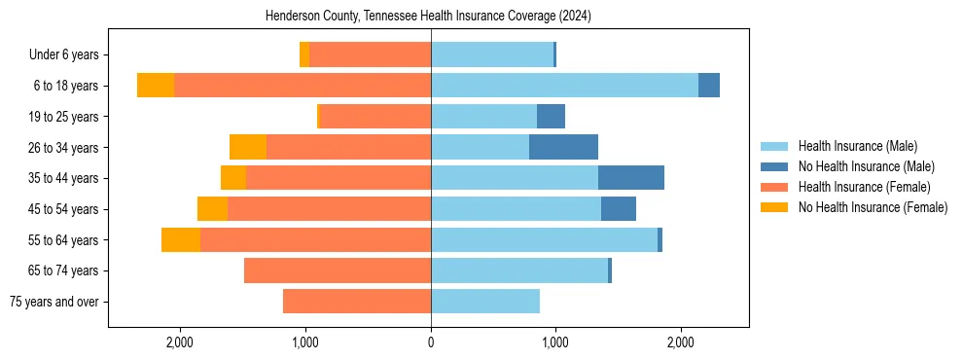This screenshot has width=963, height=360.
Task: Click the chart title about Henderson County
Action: point(428,17)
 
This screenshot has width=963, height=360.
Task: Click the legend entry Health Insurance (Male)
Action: point(857,146)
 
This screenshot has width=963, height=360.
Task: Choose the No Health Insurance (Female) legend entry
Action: point(873,207)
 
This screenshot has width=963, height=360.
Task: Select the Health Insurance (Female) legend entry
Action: point(864,187)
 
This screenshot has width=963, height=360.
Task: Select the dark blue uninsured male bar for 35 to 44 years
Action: point(630,178)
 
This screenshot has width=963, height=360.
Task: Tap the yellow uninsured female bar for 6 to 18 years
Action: point(156,86)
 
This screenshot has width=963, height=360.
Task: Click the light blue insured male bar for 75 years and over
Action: point(485,302)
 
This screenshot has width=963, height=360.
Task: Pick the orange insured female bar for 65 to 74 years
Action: point(338,270)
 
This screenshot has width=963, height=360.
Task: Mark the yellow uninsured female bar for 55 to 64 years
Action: point(181,239)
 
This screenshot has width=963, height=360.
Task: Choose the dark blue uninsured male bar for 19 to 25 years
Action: point(551,117)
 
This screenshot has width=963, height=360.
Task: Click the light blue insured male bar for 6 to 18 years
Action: point(564,86)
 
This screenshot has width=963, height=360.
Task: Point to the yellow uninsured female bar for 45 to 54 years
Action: point(212,209)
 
